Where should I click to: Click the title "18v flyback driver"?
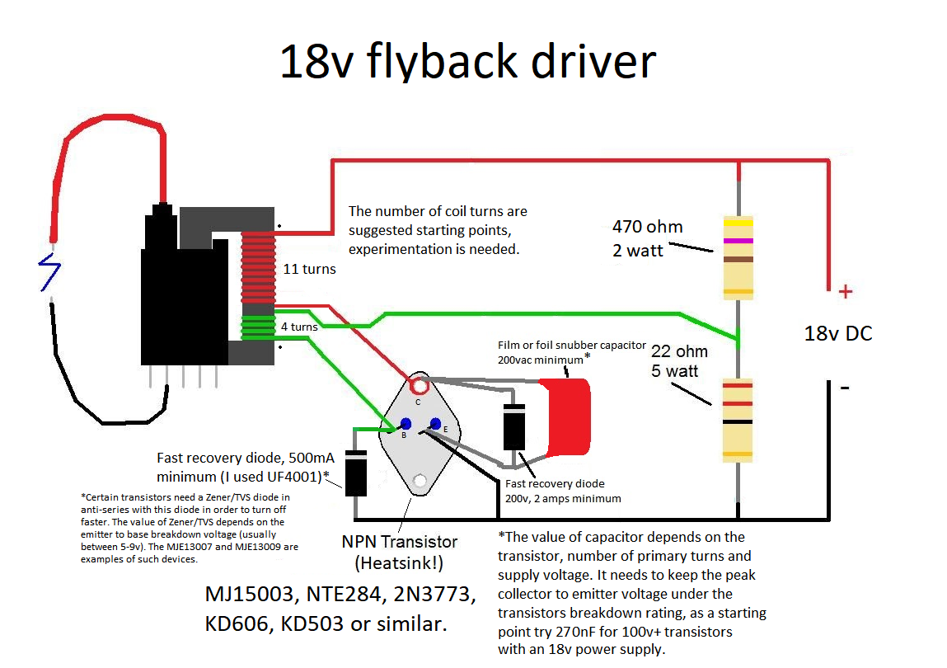tap(467, 62)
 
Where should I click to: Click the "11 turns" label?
tap(309, 269)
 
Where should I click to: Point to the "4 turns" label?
tap(298, 327)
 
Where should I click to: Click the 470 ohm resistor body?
tap(738, 256)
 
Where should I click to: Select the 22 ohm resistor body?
tap(738, 418)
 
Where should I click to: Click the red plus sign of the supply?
tap(845, 292)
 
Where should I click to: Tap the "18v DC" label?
tap(837, 334)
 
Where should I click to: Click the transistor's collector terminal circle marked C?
tap(420, 385)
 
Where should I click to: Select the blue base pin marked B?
tap(406, 424)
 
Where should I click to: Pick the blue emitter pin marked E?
tap(435, 424)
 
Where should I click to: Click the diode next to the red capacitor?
tap(514, 426)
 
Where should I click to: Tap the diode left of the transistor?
tap(355, 473)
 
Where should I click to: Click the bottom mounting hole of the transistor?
tap(420, 480)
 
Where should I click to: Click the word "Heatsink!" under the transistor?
tap(400, 563)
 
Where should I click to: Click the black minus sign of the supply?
tap(845, 386)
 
